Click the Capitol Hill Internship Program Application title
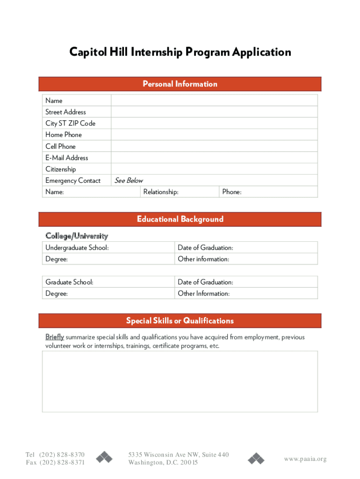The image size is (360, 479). click(x=180, y=52)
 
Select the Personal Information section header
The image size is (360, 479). click(x=180, y=84)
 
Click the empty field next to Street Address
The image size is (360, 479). click(x=214, y=112)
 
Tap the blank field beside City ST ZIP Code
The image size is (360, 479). click(x=214, y=123)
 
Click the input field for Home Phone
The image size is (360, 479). click(x=214, y=135)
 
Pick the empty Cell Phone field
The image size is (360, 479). click(x=214, y=146)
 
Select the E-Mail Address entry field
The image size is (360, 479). click(x=214, y=158)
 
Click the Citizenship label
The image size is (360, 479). click(x=60, y=169)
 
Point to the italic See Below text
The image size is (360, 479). click(x=129, y=181)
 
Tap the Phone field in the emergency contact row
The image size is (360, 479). click(x=268, y=192)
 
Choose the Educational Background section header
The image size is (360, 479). click(x=180, y=219)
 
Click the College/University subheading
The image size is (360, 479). click(x=77, y=236)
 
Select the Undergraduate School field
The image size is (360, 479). click(x=108, y=247)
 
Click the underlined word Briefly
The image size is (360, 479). click(x=54, y=337)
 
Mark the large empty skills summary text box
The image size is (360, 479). click(x=180, y=381)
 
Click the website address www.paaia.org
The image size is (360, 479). click(x=305, y=459)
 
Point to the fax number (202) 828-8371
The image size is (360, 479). click(x=62, y=463)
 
